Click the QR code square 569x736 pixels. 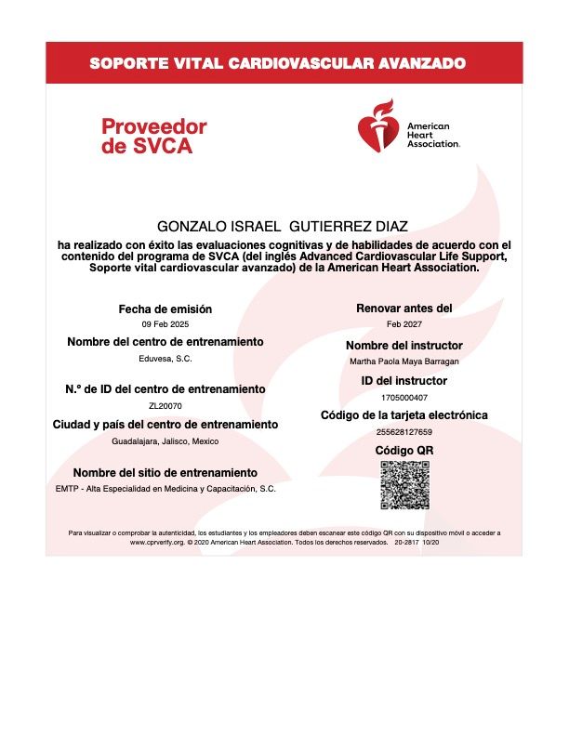click(x=404, y=484)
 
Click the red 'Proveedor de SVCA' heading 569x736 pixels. click(x=153, y=136)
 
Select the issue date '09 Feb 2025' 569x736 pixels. click(x=165, y=324)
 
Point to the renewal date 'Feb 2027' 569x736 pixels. click(x=404, y=324)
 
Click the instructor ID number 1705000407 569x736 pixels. click(x=404, y=397)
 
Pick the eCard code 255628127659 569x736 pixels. click(x=404, y=432)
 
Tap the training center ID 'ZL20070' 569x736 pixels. click(x=165, y=405)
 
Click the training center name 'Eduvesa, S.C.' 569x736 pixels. click(x=165, y=358)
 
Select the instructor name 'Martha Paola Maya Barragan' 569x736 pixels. click(x=404, y=361)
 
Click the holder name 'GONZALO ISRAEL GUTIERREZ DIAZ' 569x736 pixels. click(x=284, y=227)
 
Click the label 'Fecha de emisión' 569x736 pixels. click(x=165, y=309)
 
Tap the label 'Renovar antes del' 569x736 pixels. click(x=404, y=308)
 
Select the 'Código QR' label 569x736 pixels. click(x=404, y=451)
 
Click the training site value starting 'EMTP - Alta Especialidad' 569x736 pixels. click(x=165, y=488)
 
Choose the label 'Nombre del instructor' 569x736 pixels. click(x=404, y=346)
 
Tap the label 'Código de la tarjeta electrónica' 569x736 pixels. click(x=404, y=415)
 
